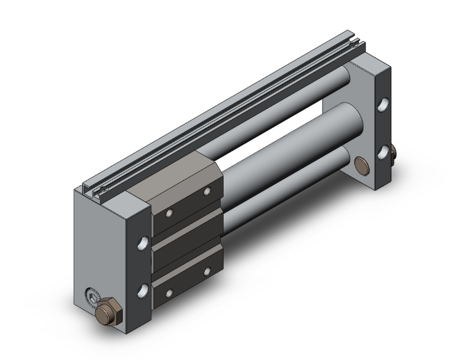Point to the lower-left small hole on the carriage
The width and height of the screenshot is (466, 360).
pyautogui.click(x=167, y=292)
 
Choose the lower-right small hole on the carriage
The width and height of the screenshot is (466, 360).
pyautogui.click(x=207, y=271)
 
